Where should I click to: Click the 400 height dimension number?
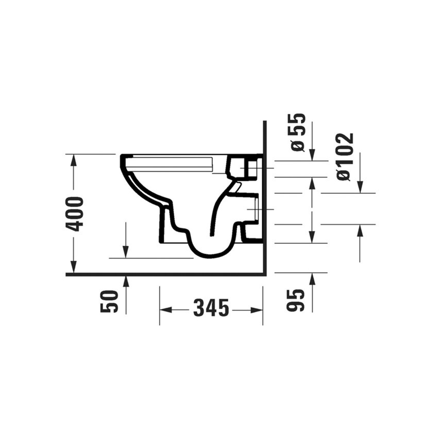[75, 213]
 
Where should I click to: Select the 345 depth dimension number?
[211, 309]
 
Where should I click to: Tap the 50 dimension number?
[109, 301]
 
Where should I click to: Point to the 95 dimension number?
[295, 300]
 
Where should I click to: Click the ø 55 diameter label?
[298, 132]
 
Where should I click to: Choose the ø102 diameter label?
[345, 157]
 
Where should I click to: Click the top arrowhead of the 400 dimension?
[74, 159]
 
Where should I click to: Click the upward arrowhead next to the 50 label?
[126, 281]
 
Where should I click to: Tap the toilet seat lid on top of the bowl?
[173, 163]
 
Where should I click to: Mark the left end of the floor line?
[69, 275]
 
